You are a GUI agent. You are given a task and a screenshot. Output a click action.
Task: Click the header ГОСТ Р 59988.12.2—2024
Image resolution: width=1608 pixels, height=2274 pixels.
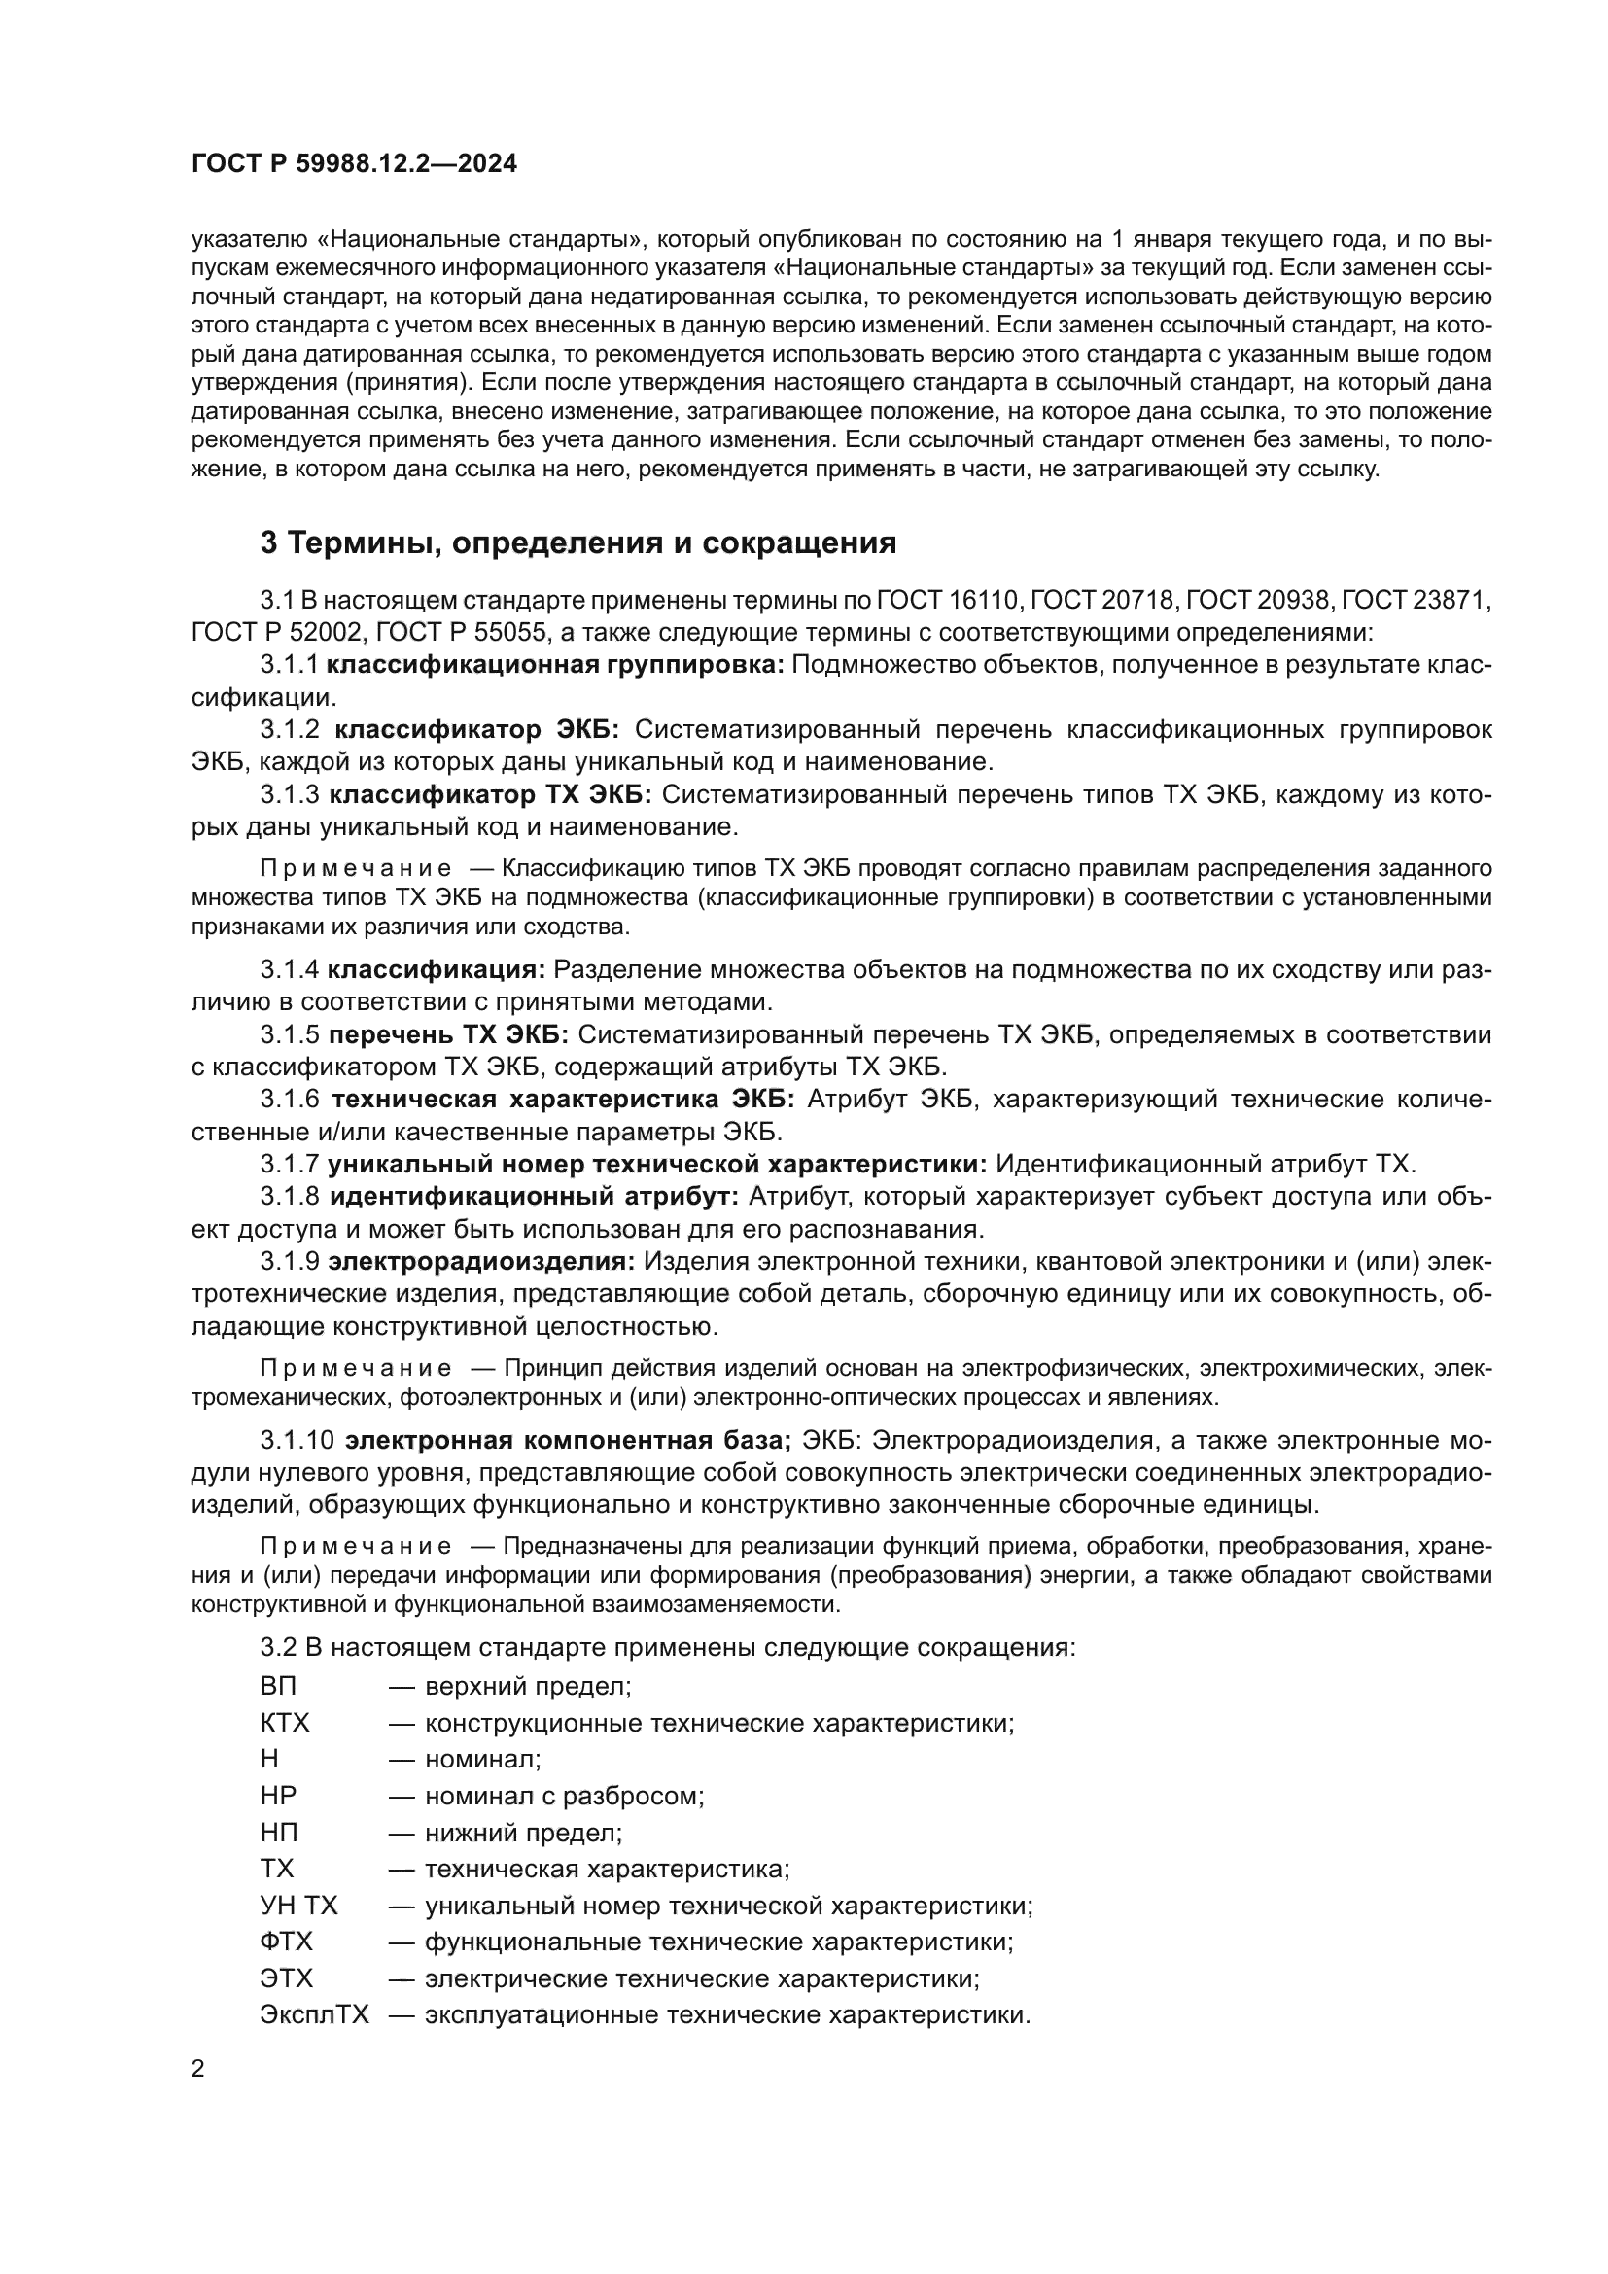[355, 163]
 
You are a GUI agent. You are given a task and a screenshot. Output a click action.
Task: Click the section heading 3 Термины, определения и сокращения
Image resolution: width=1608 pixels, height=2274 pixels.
[578, 542]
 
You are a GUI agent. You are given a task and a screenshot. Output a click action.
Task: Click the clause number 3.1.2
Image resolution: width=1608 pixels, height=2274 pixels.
[290, 730]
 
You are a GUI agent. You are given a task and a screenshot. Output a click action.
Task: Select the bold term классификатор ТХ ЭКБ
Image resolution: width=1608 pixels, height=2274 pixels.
[490, 795]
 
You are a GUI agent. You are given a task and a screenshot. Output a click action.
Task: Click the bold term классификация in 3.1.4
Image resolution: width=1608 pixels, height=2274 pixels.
[437, 969]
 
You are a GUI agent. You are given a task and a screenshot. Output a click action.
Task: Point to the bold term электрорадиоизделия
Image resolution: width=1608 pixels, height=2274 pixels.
[481, 1262]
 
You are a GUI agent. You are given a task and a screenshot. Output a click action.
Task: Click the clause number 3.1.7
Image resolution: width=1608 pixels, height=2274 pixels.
[290, 1164]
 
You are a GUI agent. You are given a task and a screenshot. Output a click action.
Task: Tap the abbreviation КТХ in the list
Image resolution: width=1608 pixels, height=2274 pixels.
[285, 1724]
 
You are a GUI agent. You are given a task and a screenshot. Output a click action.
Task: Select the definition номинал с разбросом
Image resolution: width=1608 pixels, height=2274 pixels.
[564, 1796]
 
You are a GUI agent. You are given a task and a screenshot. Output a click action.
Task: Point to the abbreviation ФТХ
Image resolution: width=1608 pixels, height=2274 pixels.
[286, 1942]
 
